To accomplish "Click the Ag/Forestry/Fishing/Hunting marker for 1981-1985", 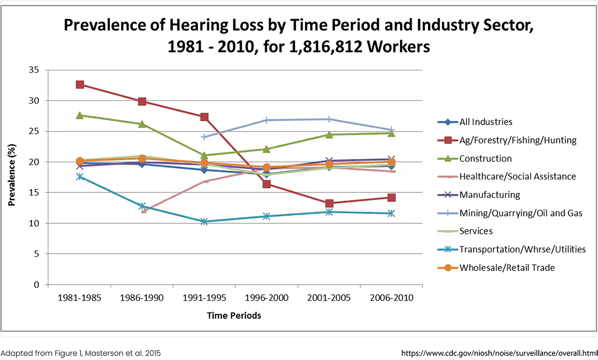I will (80, 84).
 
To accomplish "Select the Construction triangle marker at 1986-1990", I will (142, 124).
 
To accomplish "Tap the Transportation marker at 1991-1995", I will (204, 221).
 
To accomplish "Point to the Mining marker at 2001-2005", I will (329, 119).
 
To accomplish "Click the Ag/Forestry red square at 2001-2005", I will (329, 203).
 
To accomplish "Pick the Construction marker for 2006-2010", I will (391, 133).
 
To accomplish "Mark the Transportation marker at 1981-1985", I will (80, 177).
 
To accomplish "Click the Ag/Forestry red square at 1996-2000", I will (267, 184).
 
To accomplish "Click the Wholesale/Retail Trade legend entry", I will (507, 268).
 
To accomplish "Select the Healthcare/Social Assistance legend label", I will (518, 177).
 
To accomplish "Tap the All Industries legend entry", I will (485, 122).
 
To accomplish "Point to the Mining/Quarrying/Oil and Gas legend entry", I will (521, 213).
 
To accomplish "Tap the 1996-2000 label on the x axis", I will (267, 298).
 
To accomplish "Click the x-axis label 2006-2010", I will (391, 298).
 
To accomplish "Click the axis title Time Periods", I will (234, 316).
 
